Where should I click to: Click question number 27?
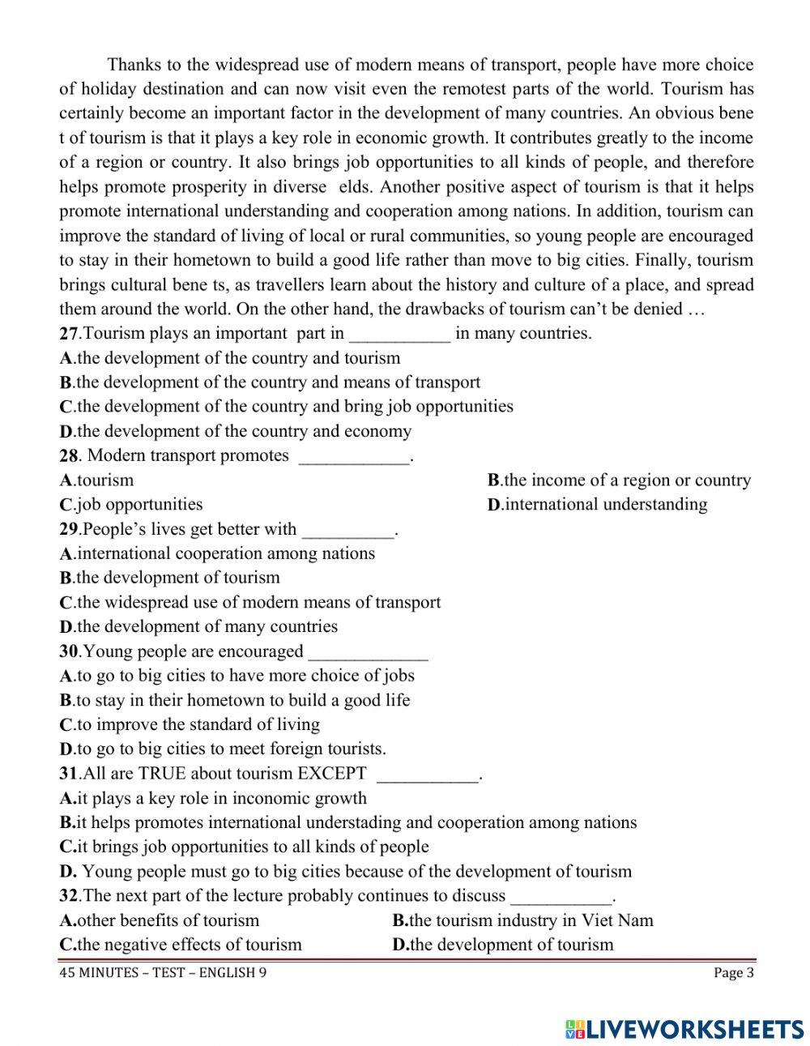click(x=69, y=334)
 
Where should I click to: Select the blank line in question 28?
click(x=355, y=458)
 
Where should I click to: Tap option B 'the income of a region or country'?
click(x=619, y=480)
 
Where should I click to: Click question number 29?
click(x=69, y=530)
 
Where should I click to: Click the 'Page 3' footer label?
click(x=733, y=973)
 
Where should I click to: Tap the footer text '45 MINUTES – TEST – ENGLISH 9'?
click(x=163, y=973)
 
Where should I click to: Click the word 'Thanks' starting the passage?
click(x=132, y=65)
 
